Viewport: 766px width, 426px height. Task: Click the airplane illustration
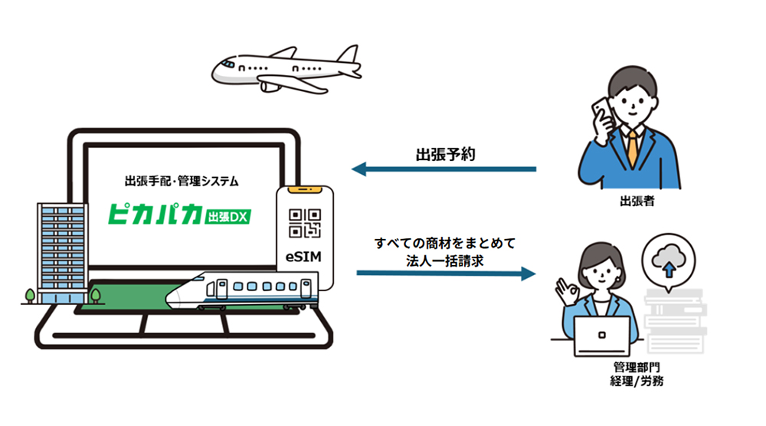283,68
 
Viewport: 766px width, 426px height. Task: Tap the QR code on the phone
305,222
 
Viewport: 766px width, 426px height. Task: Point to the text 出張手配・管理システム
182,182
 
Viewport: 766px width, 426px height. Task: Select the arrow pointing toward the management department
444,272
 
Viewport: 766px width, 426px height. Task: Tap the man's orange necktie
632,146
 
